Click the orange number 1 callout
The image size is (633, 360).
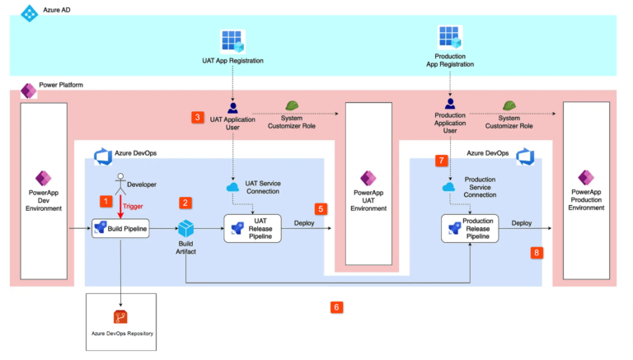point(105,200)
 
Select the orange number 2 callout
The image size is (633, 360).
point(185,202)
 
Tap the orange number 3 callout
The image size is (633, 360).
point(197,117)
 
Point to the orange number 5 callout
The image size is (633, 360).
point(321,209)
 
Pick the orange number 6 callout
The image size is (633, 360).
point(336,307)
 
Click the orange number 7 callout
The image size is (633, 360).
point(441,160)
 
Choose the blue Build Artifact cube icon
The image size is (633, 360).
point(186,228)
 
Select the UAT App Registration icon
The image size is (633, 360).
point(232,41)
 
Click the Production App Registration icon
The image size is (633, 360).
point(449,37)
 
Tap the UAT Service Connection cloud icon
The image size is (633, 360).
point(232,187)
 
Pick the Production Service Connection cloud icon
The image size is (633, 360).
point(450,187)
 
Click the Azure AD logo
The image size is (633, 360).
point(29,13)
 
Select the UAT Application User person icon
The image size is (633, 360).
point(232,106)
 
